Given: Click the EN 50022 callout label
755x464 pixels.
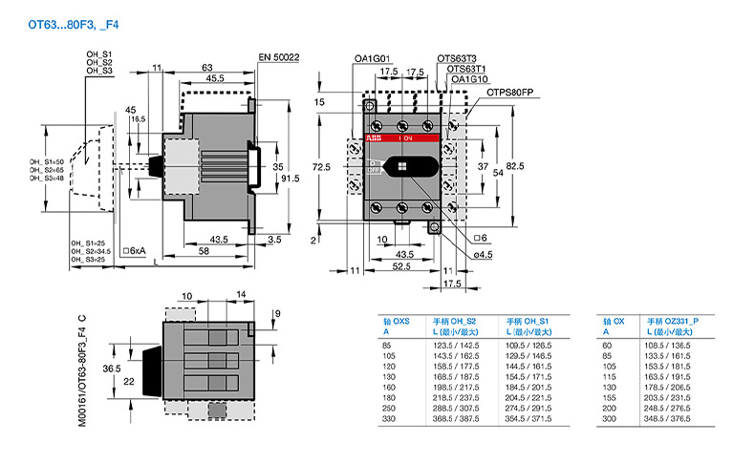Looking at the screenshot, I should (279, 57).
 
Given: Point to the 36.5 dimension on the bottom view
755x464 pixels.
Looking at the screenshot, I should (138, 368).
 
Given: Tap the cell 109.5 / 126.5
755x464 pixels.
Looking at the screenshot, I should (528, 344).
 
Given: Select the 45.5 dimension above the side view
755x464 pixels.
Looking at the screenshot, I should (215, 78).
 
